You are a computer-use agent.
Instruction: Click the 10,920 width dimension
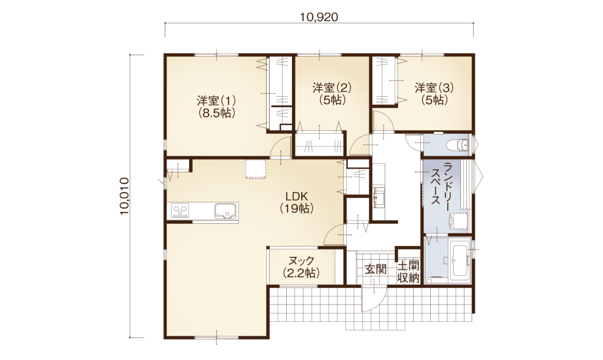click(319, 18)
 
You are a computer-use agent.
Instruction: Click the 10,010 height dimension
click(125, 196)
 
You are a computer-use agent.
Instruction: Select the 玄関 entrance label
click(376, 269)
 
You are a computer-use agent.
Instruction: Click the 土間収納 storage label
click(408, 272)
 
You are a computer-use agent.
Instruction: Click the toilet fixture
click(458, 145)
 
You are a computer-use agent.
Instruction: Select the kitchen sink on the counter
click(225, 211)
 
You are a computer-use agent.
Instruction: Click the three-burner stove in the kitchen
click(180, 210)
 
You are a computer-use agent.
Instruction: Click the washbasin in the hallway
click(379, 198)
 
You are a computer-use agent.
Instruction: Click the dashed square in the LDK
click(256, 169)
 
